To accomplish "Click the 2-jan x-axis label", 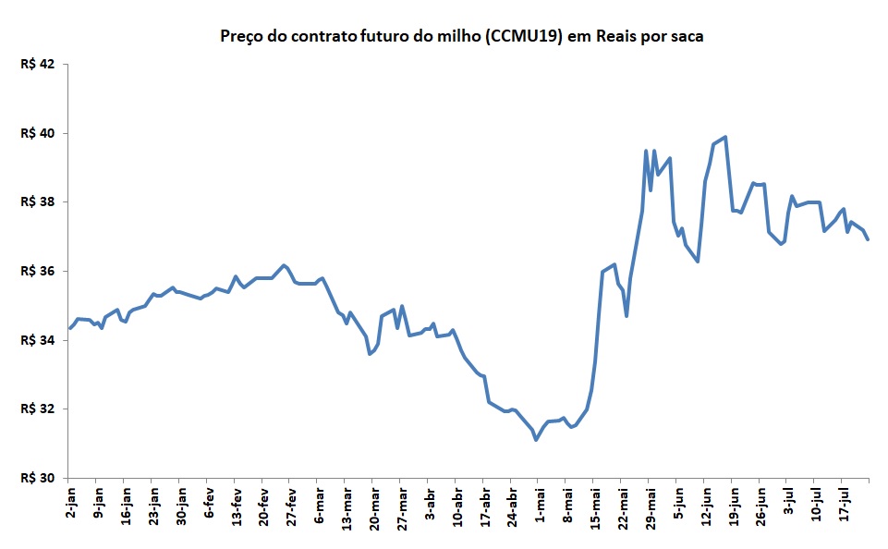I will click(71, 503).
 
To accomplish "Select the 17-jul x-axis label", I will click(844, 504).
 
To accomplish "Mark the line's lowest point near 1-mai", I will click(536, 439).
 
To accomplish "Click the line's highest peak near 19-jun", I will click(725, 137).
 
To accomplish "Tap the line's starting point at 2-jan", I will click(70, 328).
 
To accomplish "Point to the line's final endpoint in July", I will click(868, 239).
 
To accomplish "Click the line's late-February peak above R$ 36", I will click(284, 265).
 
